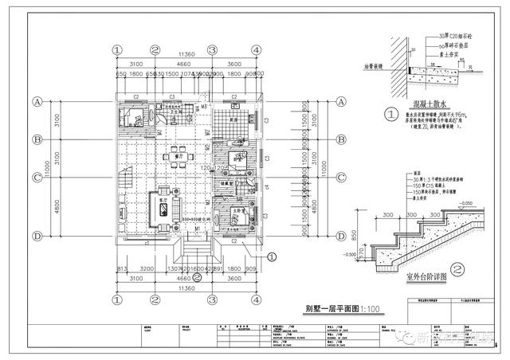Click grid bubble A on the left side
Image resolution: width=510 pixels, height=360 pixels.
point(37,102)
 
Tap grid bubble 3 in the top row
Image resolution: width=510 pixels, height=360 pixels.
point(212,49)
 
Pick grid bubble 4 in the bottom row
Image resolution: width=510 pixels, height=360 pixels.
point(256,299)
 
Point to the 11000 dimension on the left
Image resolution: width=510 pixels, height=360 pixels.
point(48,169)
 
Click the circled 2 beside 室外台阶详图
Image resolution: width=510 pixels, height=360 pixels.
point(457,269)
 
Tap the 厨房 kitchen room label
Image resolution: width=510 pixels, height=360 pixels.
point(234,119)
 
